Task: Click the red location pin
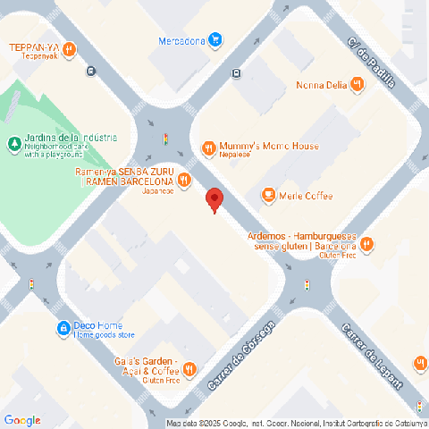(x=214, y=199)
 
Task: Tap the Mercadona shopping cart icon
(x=215, y=39)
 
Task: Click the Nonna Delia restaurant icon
(x=357, y=85)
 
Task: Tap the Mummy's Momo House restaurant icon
(x=208, y=147)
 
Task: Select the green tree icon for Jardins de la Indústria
(x=13, y=143)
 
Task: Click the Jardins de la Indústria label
(x=71, y=138)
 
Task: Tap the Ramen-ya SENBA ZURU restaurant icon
(x=184, y=180)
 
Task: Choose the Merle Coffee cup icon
(x=267, y=196)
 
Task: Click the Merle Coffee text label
(x=306, y=196)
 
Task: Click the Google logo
(x=22, y=420)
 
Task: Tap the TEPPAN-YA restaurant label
(x=46, y=47)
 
